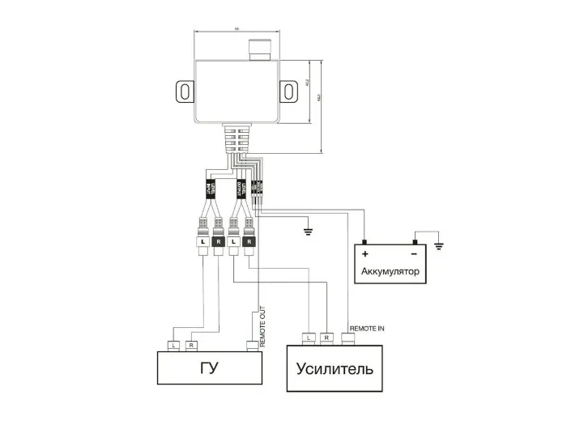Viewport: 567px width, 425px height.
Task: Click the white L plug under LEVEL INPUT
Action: tap(200, 241)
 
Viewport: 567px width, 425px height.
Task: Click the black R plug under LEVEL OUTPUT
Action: tap(249, 241)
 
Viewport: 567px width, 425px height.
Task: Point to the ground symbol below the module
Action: tap(307, 232)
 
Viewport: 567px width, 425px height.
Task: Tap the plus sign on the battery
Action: tap(366, 254)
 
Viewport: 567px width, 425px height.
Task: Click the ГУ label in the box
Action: tap(209, 369)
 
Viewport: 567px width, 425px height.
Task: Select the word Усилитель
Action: tap(335, 369)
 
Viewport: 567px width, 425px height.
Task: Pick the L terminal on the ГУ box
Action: tap(173, 346)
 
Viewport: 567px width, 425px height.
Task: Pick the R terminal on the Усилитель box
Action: tap(326, 336)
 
